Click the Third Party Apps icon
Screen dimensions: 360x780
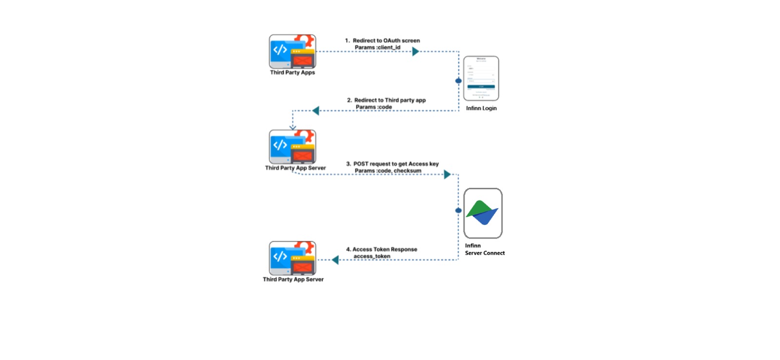click(292, 51)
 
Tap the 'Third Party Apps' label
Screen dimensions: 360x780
click(292, 73)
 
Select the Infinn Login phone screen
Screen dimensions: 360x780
click(481, 78)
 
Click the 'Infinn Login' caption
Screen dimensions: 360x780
click(481, 108)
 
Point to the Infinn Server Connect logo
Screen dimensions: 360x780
click(483, 213)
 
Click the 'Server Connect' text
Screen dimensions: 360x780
click(485, 253)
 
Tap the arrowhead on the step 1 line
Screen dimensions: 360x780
click(415, 51)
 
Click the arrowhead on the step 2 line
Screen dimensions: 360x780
click(316, 111)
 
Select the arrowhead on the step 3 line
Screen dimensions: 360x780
click(447, 174)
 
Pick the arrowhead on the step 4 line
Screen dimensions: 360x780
click(335, 260)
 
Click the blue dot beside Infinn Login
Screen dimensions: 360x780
click(458, 81)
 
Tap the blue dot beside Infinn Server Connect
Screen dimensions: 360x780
click(458, 211)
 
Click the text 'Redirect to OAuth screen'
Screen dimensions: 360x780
click(386, 40)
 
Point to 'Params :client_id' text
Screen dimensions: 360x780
click(377, 47)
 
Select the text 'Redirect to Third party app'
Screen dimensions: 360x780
click(390, 100)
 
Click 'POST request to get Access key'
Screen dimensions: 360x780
click(396, 164)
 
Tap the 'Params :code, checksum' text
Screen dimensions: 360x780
click(388, 171)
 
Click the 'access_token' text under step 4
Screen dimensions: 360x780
click(371, 256)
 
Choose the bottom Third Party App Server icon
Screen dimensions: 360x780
click(292, 258)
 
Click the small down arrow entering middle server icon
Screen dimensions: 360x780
click(292, 127)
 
